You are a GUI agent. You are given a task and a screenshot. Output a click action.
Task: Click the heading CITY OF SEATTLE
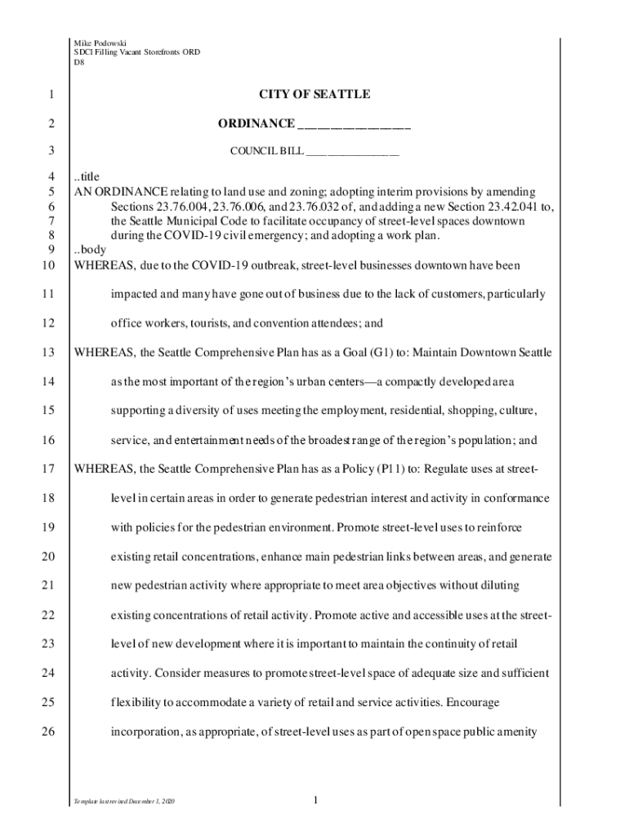pos(314,95)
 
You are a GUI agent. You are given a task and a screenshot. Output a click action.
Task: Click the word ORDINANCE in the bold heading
pos(256,123)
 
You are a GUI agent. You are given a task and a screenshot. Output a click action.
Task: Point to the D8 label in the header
pos(79,61)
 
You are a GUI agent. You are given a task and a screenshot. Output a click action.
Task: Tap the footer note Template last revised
pos(123,803)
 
